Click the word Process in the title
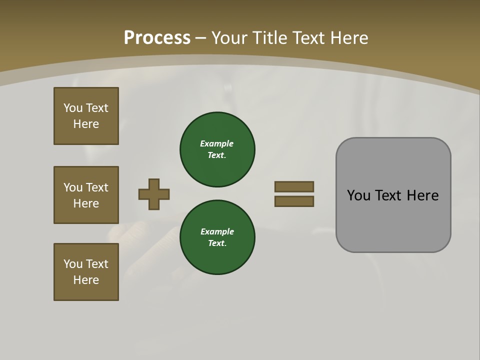(x=157, y=38)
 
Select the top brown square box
(x=86, y=116)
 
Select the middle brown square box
(x=86, y=195)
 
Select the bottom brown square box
(x=86, y=272)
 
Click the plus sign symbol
(x=154, y=194)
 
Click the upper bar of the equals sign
(x=294, y=186)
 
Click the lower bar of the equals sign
(x=294, y=201)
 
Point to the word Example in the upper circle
(x=216, y=144)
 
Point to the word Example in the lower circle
(x=217, y=231)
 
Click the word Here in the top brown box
(x=86, y=124)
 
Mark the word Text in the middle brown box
(x=97, y=187)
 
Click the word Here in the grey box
(x=422, y=195)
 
